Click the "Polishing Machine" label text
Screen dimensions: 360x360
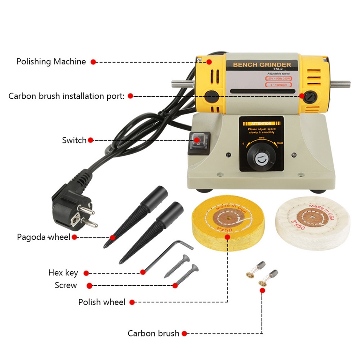[x=51, y=62]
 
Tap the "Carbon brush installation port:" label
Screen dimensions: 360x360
[x=66, y=96]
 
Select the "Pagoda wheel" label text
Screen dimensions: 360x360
[x=44, y=237]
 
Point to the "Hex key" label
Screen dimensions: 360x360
[x=63, y=273]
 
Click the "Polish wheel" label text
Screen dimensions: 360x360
[x=102, y=302]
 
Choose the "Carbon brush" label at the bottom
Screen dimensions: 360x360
[x=153, y=333]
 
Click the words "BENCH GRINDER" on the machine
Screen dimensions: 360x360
[x=262, y=65]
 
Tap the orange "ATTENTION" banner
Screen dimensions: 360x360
[x=261, y=124]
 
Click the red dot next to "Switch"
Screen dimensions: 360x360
[x=90, y=140]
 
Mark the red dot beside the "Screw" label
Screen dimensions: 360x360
[x=89, y=286]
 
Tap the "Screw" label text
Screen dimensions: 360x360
[x=66, y=285]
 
